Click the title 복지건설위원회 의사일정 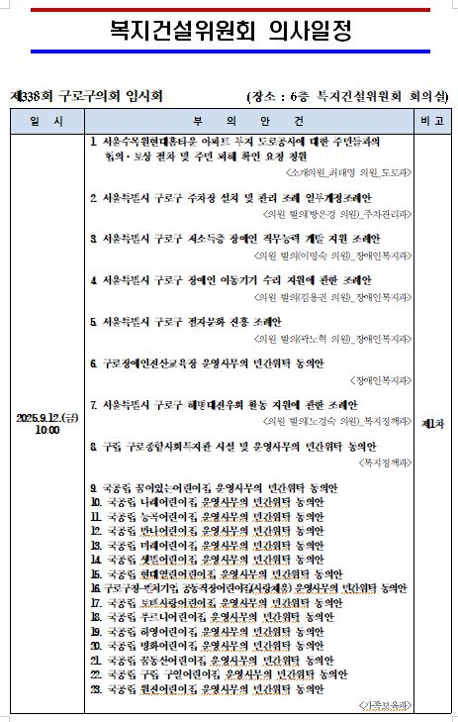tap(229, 31)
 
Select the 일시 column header tap(46, 120)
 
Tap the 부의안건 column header tap(247, 120)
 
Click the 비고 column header tap(430, 120)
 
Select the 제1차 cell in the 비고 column tap(430, 424)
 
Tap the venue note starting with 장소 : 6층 tap(346, 96)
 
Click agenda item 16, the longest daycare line tap(247, 587)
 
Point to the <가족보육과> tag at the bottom tap(384, 704)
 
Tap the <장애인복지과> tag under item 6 tap(381, 379)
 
